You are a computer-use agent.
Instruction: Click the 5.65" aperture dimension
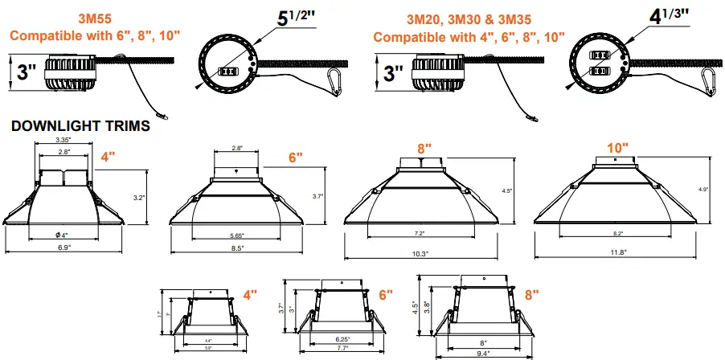236,235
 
